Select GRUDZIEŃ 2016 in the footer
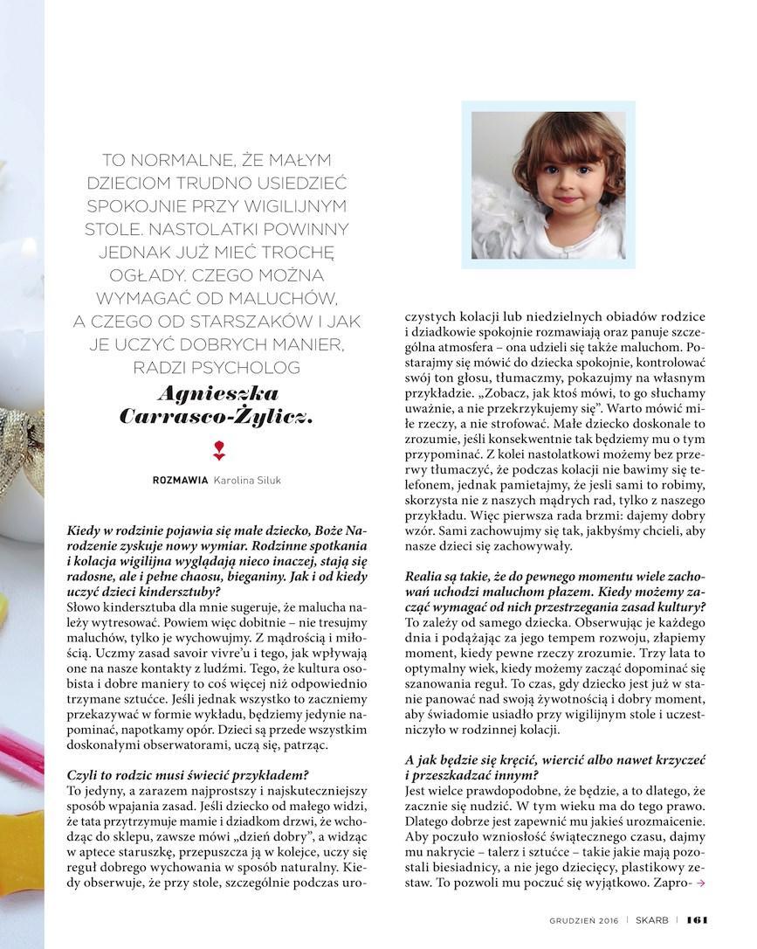click(x=584, y=918)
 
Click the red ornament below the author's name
click(x=218, y=451)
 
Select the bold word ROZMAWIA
click(x=180, y=480)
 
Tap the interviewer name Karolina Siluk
click(x=250, y=480)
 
